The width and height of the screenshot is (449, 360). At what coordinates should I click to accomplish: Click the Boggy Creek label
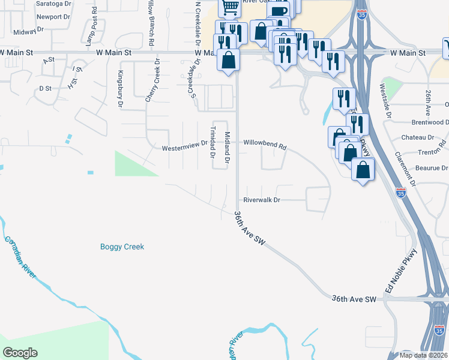coord(122,247)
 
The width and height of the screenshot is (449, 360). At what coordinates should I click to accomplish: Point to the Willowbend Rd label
coord(265,144)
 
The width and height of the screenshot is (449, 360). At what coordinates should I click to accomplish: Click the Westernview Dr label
coord(184,146)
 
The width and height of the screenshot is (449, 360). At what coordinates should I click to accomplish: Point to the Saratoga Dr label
coord(53,3)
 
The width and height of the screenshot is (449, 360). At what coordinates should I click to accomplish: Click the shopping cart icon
coord(230,7)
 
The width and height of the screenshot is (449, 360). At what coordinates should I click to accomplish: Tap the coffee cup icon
coord(278,11)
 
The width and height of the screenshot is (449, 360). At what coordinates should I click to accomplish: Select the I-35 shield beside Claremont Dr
coord(401,193)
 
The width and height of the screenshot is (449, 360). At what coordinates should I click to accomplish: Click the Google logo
coord(20,353)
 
